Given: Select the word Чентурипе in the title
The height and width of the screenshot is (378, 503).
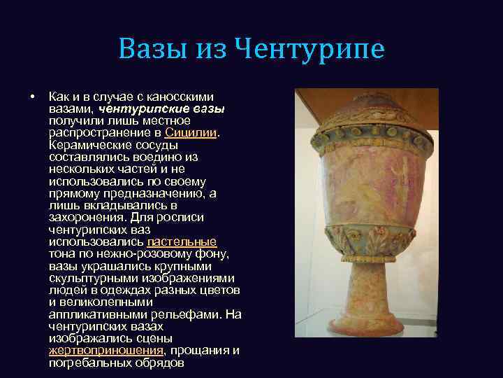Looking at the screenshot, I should (309, 50).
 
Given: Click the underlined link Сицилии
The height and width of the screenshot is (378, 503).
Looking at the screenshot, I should (191, 132).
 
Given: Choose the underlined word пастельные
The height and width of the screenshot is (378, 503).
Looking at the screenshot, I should (182, 241).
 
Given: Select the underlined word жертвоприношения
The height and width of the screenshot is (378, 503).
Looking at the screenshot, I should (105, 350).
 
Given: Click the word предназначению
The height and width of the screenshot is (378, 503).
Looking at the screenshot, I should (133, 193).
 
